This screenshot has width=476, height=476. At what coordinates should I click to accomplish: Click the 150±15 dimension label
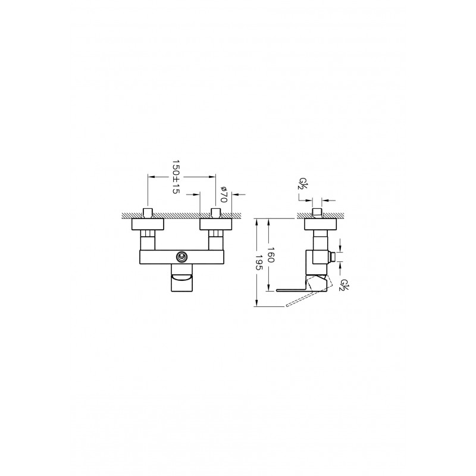[x=176, y=177]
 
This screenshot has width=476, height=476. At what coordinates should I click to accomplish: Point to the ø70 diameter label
[x=224, y=194]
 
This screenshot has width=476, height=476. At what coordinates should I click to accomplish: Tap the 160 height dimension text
[x=271, y=255]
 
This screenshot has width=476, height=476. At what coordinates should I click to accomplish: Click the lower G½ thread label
[x=344, y=286]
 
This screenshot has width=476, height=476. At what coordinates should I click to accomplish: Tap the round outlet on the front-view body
[x=182, y=257]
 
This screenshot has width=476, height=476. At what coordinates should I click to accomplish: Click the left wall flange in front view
[x=148, y=224]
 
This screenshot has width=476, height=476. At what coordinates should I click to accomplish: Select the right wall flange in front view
[x=216, y=224]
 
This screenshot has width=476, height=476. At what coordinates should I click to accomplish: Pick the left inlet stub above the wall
[x=148, y=213]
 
